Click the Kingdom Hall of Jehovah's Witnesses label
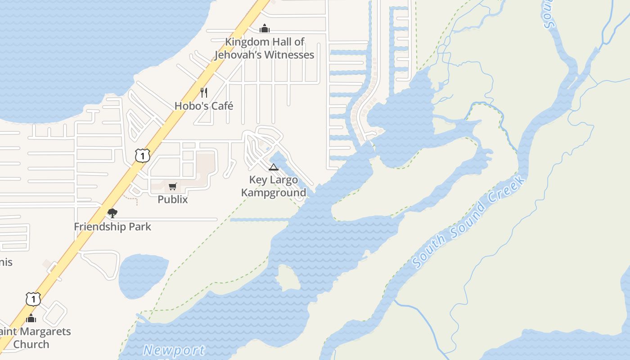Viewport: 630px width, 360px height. pos(265,48)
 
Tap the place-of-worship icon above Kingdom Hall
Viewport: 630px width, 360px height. pos(265,29)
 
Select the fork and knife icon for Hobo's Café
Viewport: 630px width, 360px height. pos(204,93)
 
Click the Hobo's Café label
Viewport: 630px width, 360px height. pos(204,106)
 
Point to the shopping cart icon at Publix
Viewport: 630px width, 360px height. pos(173,186)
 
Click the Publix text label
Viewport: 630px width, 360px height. pos(173,199)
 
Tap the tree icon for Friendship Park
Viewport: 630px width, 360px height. pos(112,213)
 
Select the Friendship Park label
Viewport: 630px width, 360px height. pos(112,226)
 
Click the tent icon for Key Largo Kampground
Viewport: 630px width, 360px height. pos(273,167)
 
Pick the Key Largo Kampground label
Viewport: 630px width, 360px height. pos(274,186)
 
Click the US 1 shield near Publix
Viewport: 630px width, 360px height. pos(142,156)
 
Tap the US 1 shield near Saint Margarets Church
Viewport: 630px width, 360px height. pos(33,299)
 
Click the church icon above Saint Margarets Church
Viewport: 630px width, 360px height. pos(31,319)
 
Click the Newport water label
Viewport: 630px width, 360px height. pos(174,350)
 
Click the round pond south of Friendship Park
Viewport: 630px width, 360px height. pos(142,276)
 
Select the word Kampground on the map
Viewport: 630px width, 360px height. pos(274,193)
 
